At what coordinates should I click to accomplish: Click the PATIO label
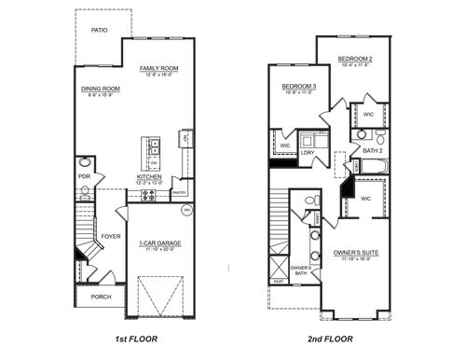click(x=99, y=30)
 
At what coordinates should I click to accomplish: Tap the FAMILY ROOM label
click(x=159, y=68)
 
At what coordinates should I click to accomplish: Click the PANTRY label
click(x=179, y=193)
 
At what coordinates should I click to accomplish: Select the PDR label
click(x=84, y=175)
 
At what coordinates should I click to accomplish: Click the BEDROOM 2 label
click(x=355, y=59)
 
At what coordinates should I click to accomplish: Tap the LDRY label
click(x=320, y=152)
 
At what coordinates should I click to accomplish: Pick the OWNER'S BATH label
click(x=300, y=272)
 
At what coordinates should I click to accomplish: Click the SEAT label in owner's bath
click(x=278, y=281)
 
